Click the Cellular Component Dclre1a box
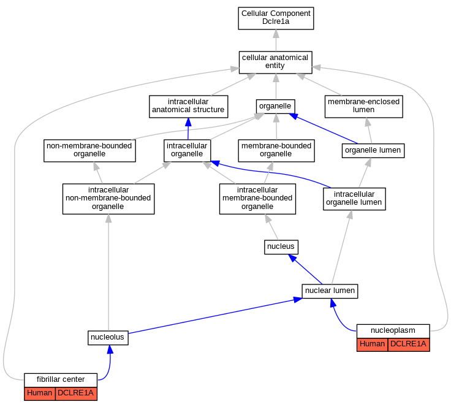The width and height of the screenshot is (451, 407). [276, 18]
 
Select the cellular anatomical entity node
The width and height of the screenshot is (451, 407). [276, 63]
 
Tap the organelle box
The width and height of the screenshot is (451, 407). [276, 107]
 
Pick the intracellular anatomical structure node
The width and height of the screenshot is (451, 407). [188, 107]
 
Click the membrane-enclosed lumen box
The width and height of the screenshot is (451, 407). [363, 107]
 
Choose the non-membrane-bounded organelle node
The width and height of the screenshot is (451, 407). [89, 151]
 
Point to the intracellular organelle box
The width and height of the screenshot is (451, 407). [187, 151]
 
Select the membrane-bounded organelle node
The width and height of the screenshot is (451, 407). [276, 151]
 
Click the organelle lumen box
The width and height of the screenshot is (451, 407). [373, 151]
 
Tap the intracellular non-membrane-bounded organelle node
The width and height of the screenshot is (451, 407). [108, 199]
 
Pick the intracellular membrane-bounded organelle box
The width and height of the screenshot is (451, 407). [257, 199]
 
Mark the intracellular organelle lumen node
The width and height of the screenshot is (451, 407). [354, 199]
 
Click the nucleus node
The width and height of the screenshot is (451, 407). [281, 247]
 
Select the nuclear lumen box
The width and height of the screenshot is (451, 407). [330, 291]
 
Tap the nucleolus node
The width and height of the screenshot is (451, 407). [108, 338]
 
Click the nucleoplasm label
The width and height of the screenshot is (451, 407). [393, 330]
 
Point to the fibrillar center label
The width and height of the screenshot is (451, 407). [61, 379]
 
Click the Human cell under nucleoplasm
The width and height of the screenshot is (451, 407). [372, 344]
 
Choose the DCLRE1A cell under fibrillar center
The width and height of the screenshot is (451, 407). [76, 394]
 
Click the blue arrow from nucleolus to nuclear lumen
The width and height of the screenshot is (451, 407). [215, 316]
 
